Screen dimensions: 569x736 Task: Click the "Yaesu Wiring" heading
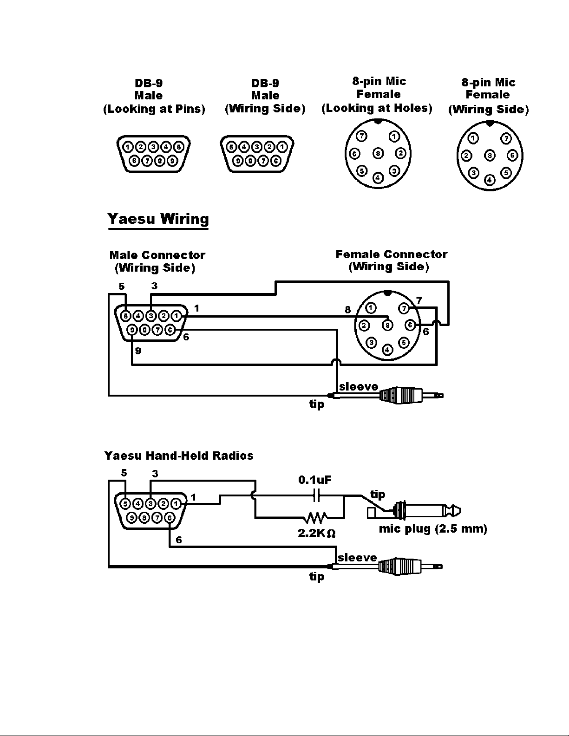tap(158, 219)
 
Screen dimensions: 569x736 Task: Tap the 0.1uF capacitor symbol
tap(317, 495)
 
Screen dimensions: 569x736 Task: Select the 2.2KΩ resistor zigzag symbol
tap(316, 518)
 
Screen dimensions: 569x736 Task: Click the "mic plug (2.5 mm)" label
tap(433, 529)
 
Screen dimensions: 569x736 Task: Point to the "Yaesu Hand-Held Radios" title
tap(179, 456)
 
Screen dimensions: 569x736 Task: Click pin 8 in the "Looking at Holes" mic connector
tap(378, 154)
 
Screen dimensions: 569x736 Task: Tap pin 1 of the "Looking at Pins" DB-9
tap(128, 147)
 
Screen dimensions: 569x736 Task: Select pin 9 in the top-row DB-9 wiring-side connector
tap(238, 161)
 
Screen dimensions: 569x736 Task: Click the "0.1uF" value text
tap(314, 480)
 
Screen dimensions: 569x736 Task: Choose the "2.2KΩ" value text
tap(317, 534)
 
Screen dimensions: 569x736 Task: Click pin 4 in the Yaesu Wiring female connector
tap(387, 350)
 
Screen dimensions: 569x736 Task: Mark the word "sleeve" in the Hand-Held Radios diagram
tap(357, 557)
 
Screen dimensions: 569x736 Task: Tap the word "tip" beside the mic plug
tap(378, 495)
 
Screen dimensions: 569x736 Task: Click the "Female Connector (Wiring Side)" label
tap(391, 261)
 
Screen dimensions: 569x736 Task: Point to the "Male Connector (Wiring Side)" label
tap(157, 261)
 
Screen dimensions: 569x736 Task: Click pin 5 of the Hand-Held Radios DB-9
tap(125, 504)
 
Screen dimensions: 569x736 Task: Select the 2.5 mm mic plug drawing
tap(414, 511)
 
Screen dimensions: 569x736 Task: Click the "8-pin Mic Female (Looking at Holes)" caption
tap(377, 95)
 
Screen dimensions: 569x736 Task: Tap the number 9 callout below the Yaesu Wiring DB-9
tap(138, 351)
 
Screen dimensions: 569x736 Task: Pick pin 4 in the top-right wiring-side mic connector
tap(490, 180)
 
